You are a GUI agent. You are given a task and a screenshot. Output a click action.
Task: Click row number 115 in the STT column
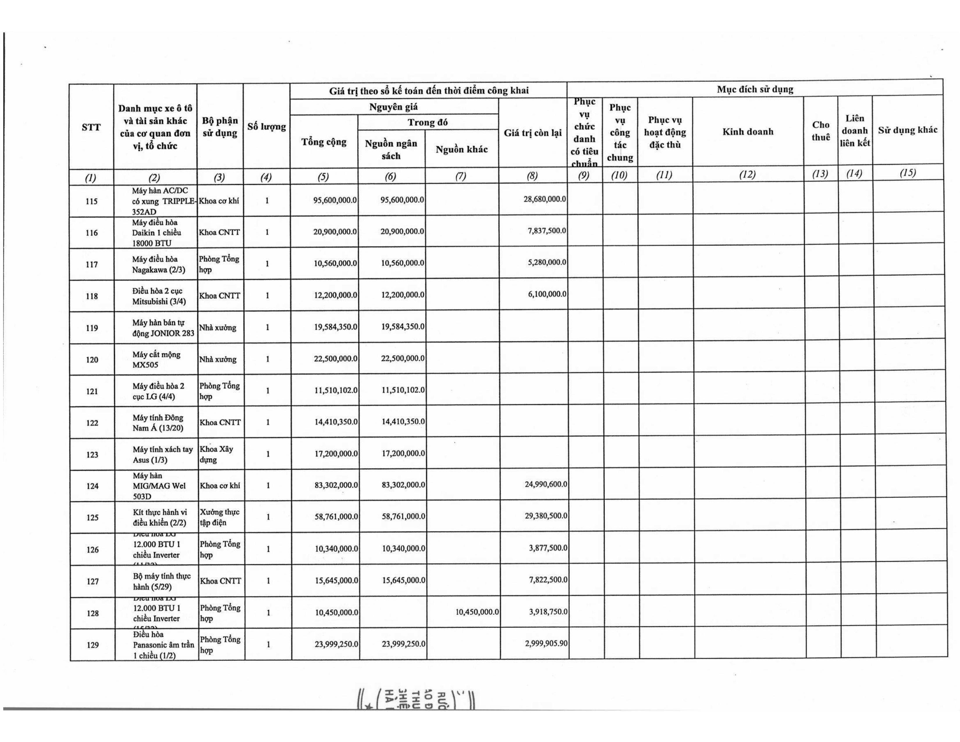91,201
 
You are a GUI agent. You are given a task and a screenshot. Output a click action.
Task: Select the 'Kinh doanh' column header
748,132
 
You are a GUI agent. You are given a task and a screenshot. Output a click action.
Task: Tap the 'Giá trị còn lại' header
533,133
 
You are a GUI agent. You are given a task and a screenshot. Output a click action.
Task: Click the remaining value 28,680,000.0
545,199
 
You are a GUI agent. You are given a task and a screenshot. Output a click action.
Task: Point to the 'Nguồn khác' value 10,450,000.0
477,611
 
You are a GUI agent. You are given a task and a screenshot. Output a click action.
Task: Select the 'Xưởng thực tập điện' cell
219,517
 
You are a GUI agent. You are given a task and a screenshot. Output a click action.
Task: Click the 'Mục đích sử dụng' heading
755,89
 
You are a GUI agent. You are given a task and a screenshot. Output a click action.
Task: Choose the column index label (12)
748,174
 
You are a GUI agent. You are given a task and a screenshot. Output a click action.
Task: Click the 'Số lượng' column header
266,127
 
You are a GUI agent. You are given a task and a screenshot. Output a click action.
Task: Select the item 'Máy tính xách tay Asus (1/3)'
163,455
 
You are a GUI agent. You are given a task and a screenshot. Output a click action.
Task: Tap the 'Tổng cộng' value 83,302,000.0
336,485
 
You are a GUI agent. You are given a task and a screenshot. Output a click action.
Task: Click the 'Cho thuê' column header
821,131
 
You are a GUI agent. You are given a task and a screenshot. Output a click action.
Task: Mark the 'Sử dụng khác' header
907,130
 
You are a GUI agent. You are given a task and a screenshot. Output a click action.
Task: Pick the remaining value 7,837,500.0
547,230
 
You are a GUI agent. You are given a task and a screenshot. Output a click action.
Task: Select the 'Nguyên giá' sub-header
393,107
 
